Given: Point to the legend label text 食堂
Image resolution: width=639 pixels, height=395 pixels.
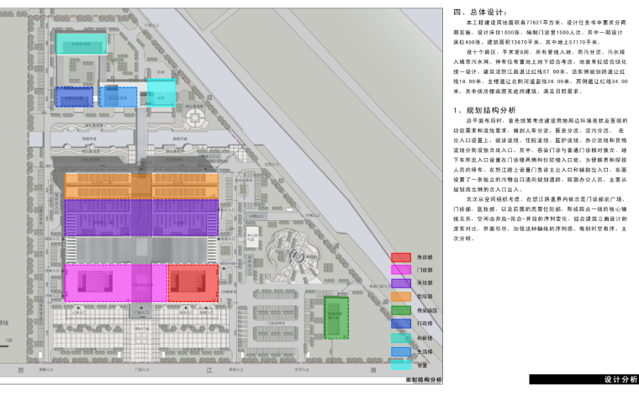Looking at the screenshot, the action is (x=423, y=365).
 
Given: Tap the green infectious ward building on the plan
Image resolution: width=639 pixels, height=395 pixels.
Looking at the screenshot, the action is (x=336, y=316).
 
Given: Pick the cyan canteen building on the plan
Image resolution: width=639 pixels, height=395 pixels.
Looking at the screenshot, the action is (x=161, y=93).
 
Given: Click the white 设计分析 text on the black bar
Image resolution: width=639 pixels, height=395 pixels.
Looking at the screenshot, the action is (x=620, y=380).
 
